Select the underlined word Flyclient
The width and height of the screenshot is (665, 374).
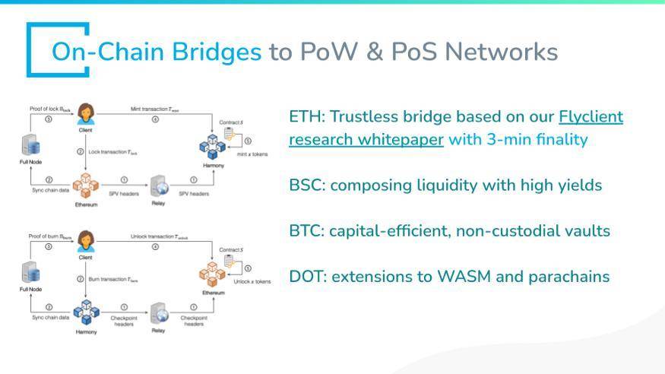tap(591, 116)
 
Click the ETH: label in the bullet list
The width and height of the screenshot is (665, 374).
tap(307, 116)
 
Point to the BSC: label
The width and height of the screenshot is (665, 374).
tap(307, 185)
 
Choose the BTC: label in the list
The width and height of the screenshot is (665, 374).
tap(307, 230)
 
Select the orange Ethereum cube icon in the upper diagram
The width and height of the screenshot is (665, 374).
tap(85, 185)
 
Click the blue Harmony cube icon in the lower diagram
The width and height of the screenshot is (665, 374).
tap(85, 312)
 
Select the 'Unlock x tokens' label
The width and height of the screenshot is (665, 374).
tap(253, 281)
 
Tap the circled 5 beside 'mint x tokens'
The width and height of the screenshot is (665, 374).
tap(247, 140)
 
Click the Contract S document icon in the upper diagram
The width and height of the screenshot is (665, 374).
tap(230, 133)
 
